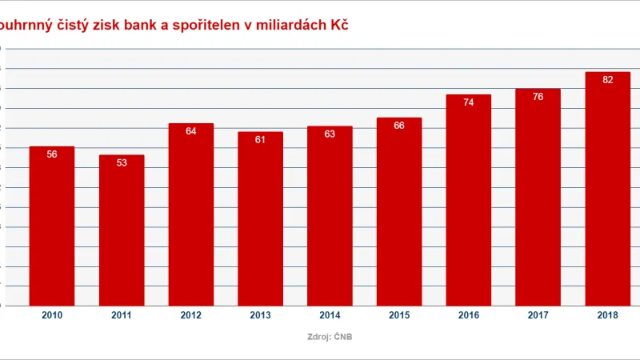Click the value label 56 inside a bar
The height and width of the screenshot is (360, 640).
pos(52,154)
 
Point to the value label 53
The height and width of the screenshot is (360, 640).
pos(122,163)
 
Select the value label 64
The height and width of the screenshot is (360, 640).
pos(191,131)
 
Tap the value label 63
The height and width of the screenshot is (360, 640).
pos(330,134)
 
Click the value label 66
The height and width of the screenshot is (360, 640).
pos(399,126)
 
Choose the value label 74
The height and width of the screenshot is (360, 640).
pos(469,102)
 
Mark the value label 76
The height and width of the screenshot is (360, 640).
pos(538,97)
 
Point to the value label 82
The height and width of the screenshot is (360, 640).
pos(607,80)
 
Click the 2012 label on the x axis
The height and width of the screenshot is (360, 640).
pos(191,316)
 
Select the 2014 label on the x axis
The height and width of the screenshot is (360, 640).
pos(330,316)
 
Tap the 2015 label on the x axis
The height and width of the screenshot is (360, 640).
pos(399,316)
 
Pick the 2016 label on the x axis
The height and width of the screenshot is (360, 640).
pos(469,316)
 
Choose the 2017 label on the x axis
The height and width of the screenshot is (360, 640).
pos(538,316)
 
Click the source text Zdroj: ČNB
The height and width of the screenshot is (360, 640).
pos(330,337)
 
